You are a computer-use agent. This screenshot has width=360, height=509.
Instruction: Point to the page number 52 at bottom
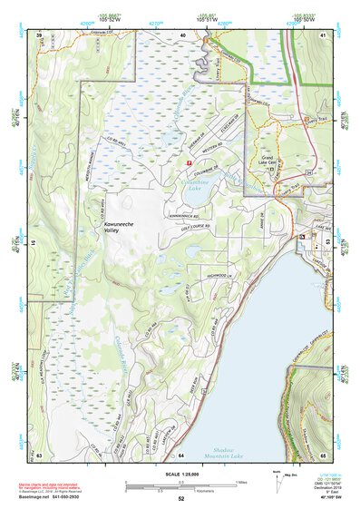[x=180, y=499]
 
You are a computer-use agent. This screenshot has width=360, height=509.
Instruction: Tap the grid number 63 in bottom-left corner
[x=39, y=455]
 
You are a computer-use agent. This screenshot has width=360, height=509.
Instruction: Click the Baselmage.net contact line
[x=51, y=497]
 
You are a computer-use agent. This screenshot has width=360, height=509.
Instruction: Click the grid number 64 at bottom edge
[x=180, y=455]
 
